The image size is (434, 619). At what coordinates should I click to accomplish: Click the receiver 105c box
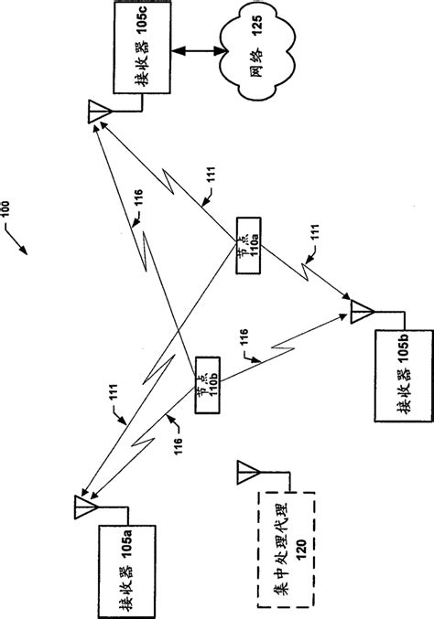click(x=141, y=48)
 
